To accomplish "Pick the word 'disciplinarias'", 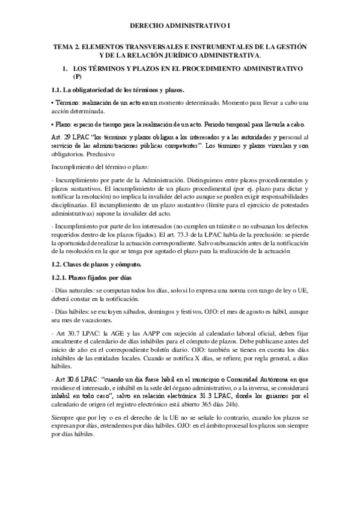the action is click(70, 203).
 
